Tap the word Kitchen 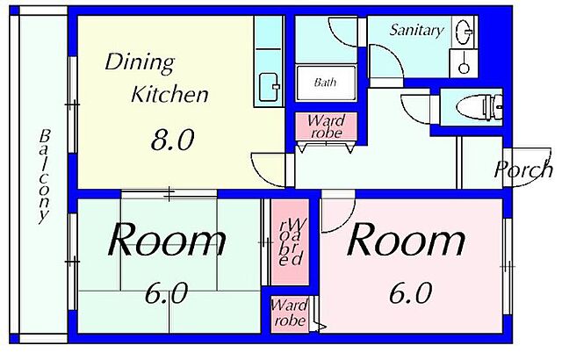coord(169,94)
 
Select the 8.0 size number coord(172,140)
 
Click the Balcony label coord(45,176)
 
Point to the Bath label coord(325,83)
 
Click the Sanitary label coord(416,30)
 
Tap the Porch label coord(523,169)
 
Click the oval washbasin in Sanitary coord(463,31)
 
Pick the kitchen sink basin coord(269,87)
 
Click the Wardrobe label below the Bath coord(326,126)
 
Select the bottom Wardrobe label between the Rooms coord(289,313)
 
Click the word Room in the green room coord(167,239)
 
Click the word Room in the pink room coord(406,239)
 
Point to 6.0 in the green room coord(166,293)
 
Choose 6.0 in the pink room coord(410,293)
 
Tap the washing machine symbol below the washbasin coord(464,63)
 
